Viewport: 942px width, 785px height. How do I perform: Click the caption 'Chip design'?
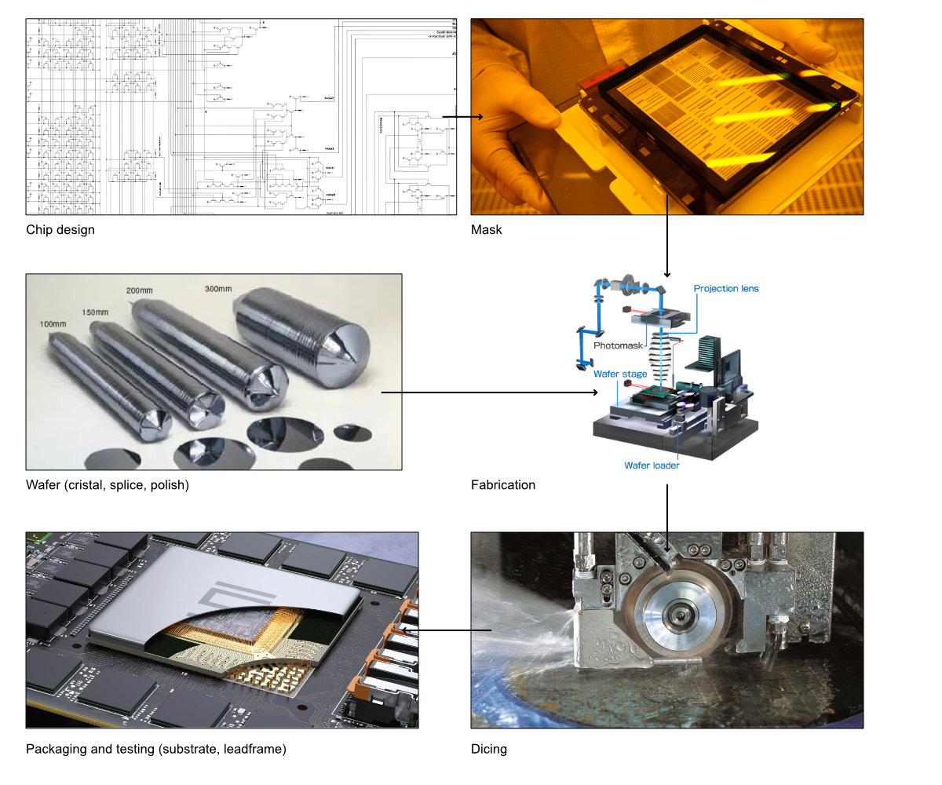(x=60, y=230)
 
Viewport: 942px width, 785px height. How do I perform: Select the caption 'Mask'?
(x=486, y=230)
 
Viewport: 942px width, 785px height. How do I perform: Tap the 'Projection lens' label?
(x=726, y=288)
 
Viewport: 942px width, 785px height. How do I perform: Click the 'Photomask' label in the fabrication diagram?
(x=618, y=345)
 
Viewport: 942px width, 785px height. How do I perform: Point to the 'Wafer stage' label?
(x=620, y=374)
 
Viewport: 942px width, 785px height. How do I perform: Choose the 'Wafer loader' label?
(x=652, y=466)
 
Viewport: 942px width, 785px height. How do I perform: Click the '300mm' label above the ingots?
(x=217, y=288)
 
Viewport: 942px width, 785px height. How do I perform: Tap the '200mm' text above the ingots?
(x=140, y=291)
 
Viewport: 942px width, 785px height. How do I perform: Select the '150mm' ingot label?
(x=93, y=312)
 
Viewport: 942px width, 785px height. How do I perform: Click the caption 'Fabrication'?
(x=503, y=485)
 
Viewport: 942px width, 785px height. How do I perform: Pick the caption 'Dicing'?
(x=489, y=749)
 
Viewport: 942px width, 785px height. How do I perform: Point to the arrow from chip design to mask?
(x=463, y=117)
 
